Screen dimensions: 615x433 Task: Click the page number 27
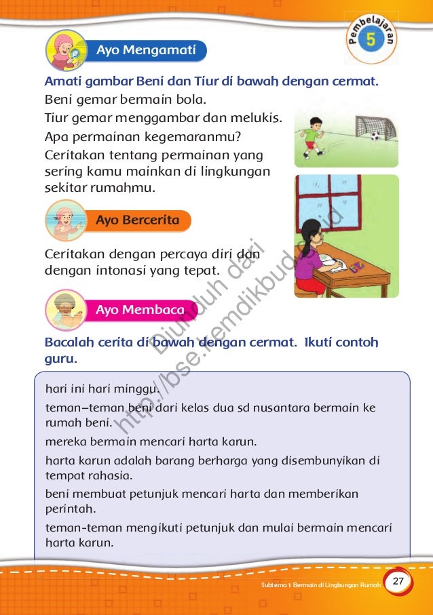[x=398, y=582]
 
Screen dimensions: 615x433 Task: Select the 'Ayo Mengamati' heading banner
[x=146, y=50]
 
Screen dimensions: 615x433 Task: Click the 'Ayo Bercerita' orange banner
[x=138, y=220]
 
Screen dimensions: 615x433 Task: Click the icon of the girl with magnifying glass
[x=66, y=51]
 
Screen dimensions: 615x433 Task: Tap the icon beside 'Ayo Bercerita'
[x=66, y=221]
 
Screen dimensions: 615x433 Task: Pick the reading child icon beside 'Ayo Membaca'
[x=66, y=311]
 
